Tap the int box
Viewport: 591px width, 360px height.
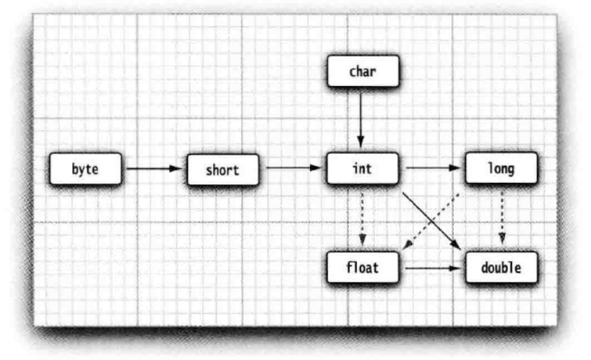pos(363,169)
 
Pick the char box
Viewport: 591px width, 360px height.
pos(363,72)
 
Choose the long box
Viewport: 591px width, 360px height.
pos(501,168)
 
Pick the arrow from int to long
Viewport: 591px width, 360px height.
pos(432,168)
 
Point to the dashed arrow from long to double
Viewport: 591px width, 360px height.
pos(501,217)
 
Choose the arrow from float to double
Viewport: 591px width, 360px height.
pos(432,267)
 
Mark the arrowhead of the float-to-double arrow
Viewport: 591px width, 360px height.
pos(457,267)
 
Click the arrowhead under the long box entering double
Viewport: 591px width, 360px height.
pos(501,242)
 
